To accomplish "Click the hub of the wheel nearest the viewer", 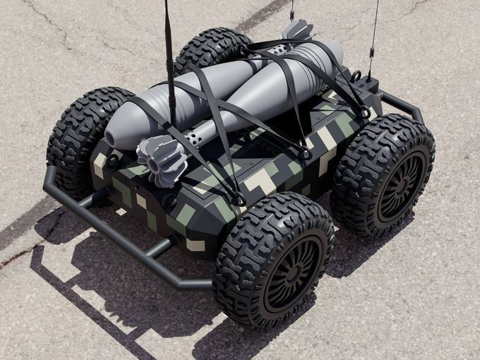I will coord(290,275).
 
